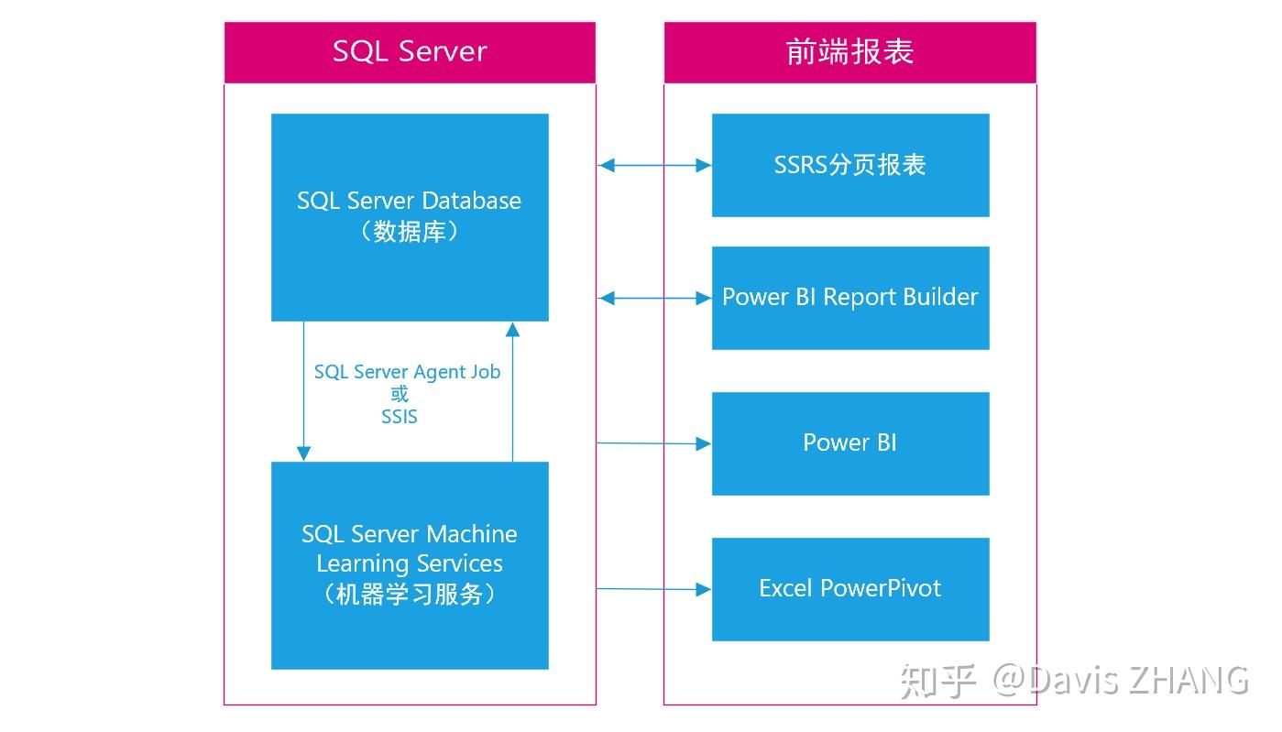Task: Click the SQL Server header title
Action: click(410, 51)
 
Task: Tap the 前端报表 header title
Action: click(849, 51)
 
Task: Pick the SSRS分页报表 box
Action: click(849, 165)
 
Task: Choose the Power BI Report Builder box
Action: click(849, 297)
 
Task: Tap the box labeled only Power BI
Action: click(849, 442)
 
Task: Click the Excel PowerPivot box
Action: click(849, 588)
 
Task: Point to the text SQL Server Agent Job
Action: click(407, 372)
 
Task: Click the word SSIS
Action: click(400, 417)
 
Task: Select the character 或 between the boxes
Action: click(400, 395)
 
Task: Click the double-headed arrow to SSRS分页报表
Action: click(654, 166)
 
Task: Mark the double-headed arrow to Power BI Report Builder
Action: click(654, 298)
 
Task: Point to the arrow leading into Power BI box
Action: click(654, 443)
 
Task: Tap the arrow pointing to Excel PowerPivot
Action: click(654, 589)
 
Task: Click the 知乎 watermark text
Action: click(937, 681)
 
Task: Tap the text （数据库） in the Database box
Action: click(410, 232)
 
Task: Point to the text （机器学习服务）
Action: click(410, 595)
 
